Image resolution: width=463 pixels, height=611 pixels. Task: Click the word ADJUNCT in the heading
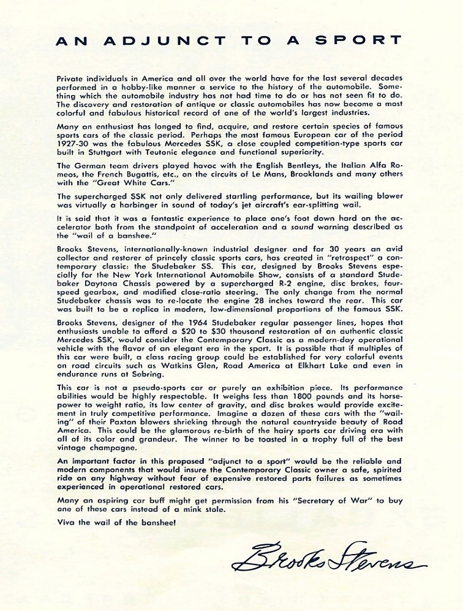tap(164, 41)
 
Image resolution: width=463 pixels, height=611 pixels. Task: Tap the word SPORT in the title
tap(359, 41)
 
